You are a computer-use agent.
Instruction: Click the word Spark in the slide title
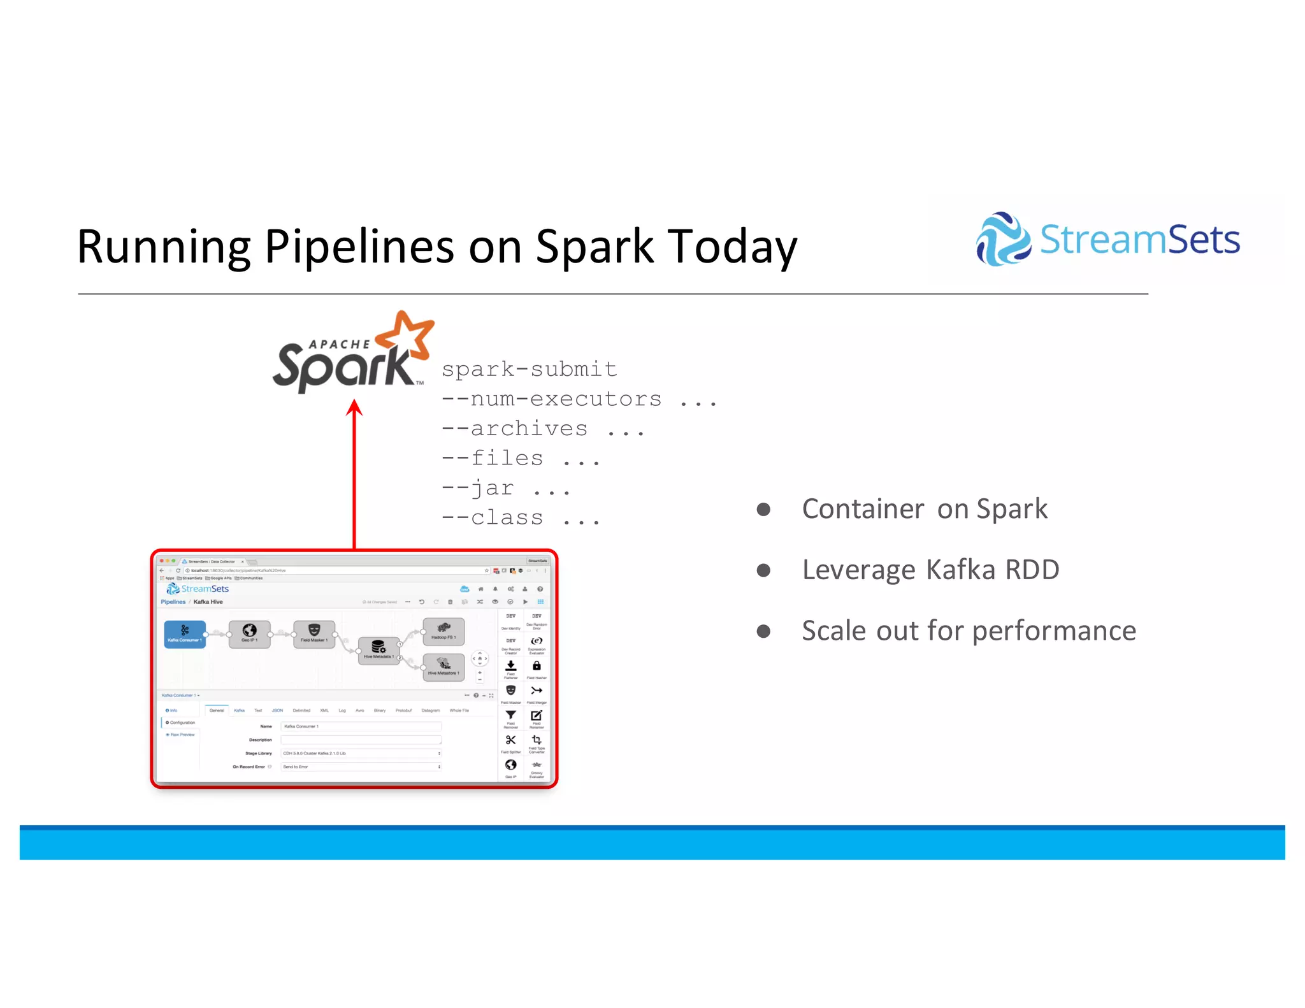coord(594,247)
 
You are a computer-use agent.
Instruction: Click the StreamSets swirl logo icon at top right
coord(1002,240)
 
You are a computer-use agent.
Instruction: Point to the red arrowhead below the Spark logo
coord(354,408)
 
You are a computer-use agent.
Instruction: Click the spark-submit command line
coord(529,369)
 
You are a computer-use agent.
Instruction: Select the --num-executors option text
coord(552,399)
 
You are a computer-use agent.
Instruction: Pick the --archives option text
coord(515,429)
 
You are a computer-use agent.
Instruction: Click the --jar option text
coord(478,488)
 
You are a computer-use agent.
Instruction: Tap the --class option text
coord(493,517)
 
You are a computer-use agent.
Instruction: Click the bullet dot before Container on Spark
coord(763,509)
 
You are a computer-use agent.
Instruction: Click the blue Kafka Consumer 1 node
coord(185,634)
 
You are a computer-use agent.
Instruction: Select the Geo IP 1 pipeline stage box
coord(249,634)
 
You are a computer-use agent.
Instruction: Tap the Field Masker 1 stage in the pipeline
coord(314,634)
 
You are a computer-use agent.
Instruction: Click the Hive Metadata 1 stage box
coord(379,651)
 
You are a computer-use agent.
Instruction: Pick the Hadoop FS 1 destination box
coord(443,631)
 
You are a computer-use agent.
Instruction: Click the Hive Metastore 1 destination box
coord(443,667)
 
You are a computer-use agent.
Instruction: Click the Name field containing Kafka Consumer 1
coord(361,726)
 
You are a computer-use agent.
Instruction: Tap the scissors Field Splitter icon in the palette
coord(510,740)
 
